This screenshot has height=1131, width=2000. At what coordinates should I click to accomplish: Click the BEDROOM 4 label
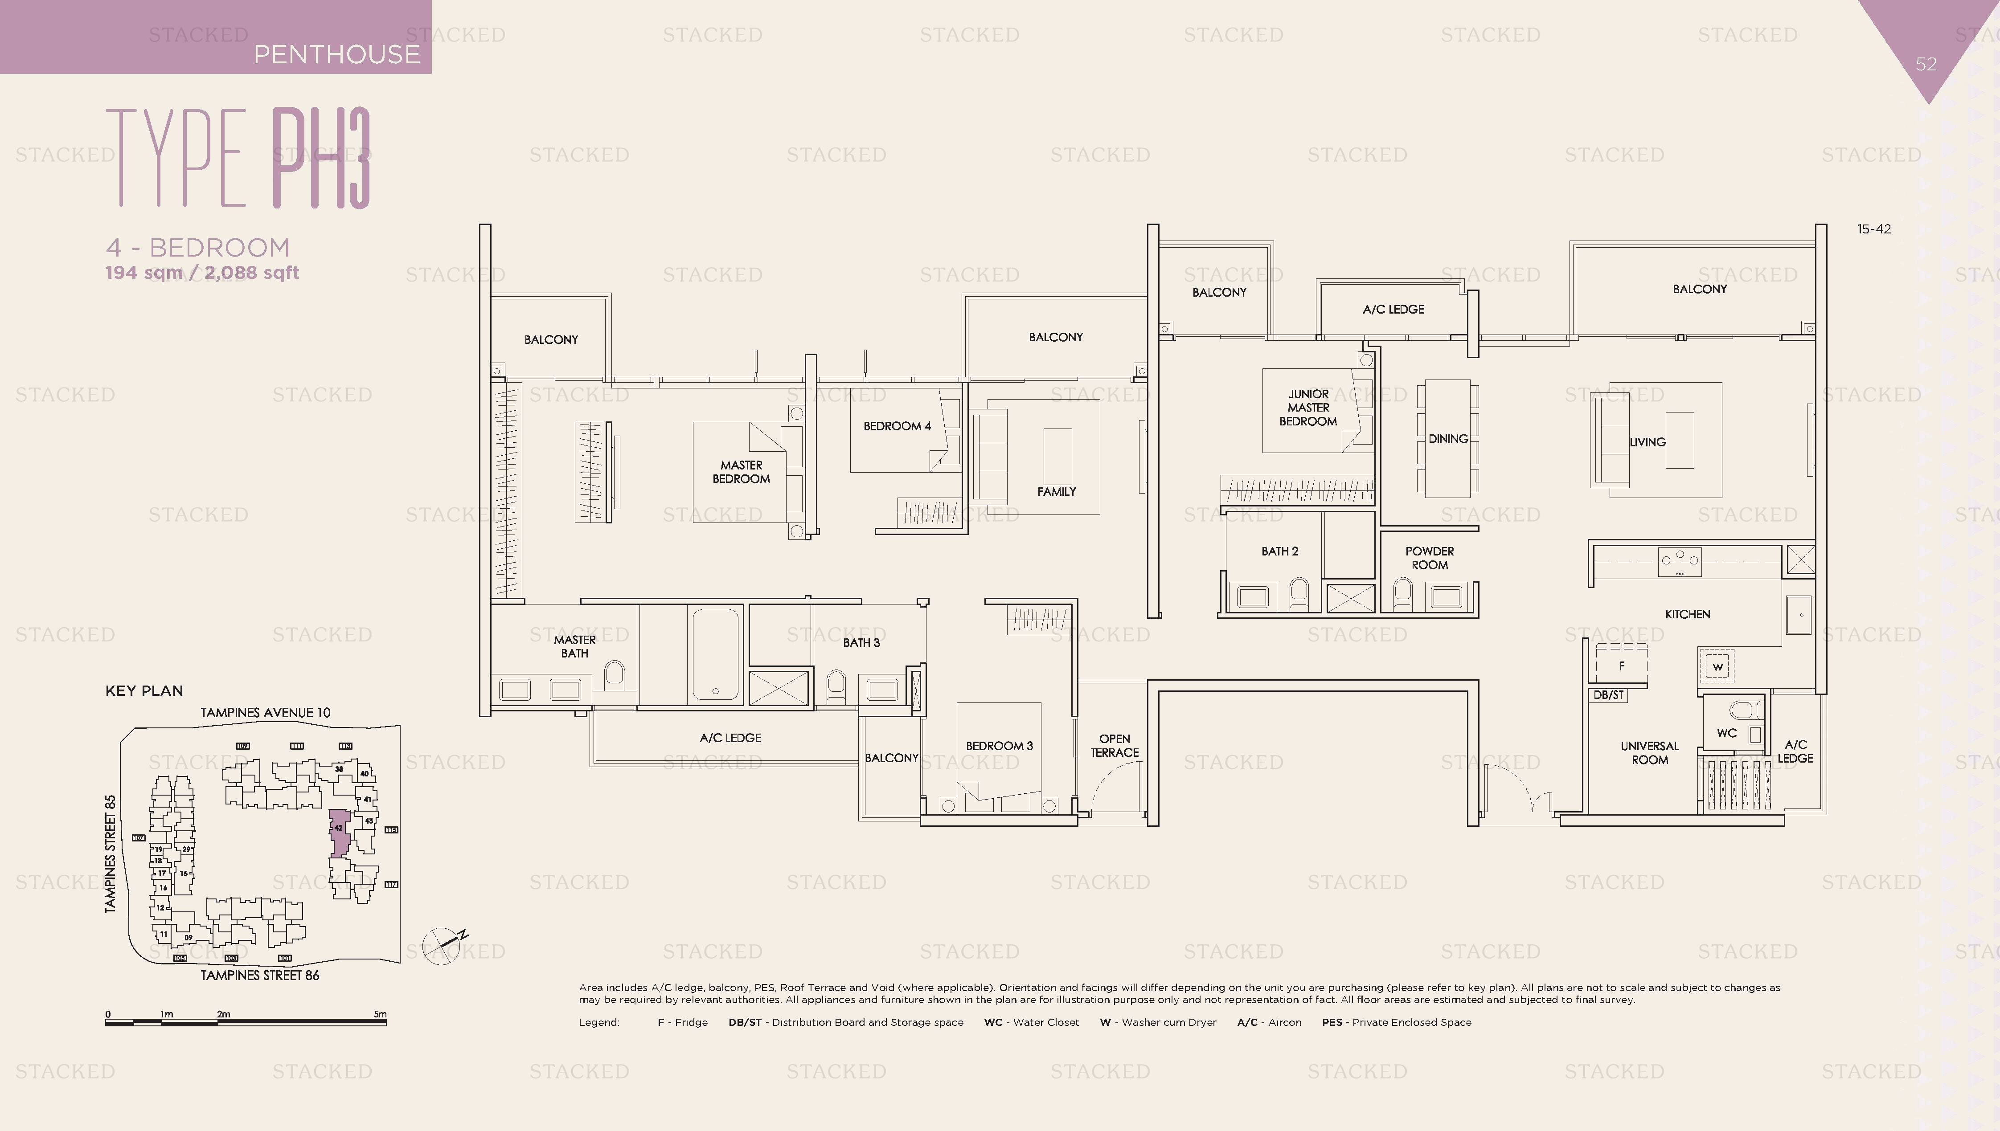(x=897, y=426)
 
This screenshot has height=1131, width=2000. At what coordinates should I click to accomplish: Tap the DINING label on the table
(x=1447, y=439)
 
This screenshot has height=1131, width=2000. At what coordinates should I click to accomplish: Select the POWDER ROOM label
(x=1429, y=558)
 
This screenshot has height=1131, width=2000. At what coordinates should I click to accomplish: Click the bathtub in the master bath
(x=715, y=655)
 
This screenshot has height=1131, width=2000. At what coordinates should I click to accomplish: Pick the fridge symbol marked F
(x=1622, y=666)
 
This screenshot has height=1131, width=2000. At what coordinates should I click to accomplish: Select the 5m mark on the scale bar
(x=379, y=1014)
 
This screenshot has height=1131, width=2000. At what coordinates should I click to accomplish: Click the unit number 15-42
(x=1873, y=229)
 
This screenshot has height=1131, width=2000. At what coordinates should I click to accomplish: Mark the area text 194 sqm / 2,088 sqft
(x=202, y=273)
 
